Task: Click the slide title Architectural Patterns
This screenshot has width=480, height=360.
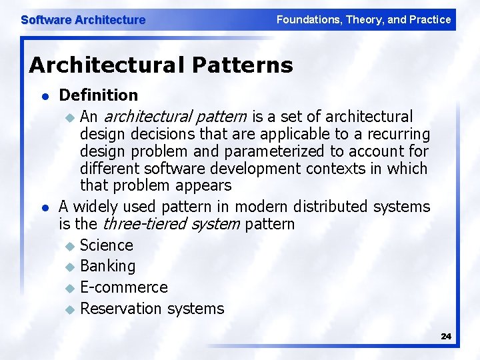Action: (161, 65)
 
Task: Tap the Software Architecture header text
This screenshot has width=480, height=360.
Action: (83, 20)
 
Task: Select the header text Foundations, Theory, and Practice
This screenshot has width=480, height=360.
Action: (363, 20)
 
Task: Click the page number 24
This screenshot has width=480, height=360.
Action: (446, 337)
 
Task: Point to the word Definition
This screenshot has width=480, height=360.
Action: (99, 95)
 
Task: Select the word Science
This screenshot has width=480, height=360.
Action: (107, 245)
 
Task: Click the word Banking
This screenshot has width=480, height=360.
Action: (107, 266)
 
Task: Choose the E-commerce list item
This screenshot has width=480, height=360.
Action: (124, 287)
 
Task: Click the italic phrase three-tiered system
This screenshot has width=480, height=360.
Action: (171, 224)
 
